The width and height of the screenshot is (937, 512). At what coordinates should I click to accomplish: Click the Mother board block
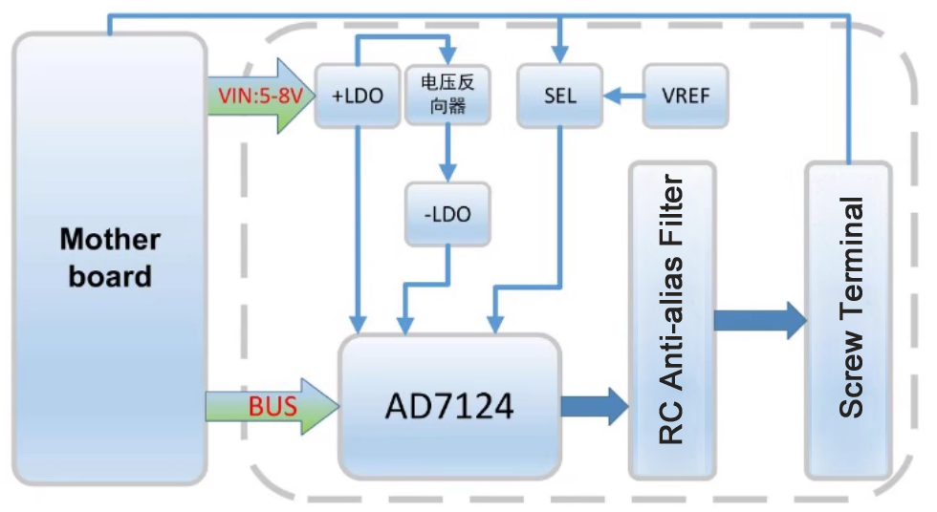click(x=109, y=258)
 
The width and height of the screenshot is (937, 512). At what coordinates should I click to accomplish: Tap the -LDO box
click(x=447, y=214)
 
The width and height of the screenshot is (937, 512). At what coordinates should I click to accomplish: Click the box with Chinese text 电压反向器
click(x=447, y=95)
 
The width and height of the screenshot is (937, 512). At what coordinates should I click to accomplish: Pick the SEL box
click(x=560, y=96)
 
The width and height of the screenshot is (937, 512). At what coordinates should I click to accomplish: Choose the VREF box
click(x=685, y=96)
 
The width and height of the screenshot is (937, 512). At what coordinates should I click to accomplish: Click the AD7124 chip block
click(x=448, y=407)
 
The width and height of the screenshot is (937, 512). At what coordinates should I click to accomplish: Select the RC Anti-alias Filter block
click(x=671, y=320)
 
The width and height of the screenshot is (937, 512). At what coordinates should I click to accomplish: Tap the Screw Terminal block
click(x=848, y=320)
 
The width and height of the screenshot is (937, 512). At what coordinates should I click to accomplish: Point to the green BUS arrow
click(x=272, y=407)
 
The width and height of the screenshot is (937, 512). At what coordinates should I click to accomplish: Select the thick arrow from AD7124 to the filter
click(x=593, y=405)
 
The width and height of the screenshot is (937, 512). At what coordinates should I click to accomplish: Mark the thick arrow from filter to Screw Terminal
click(x=760, y=321)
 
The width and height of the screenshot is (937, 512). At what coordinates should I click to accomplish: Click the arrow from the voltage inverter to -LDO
click(x=447, y=153)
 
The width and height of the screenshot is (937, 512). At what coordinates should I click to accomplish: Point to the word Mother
click(x=110, y=240)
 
